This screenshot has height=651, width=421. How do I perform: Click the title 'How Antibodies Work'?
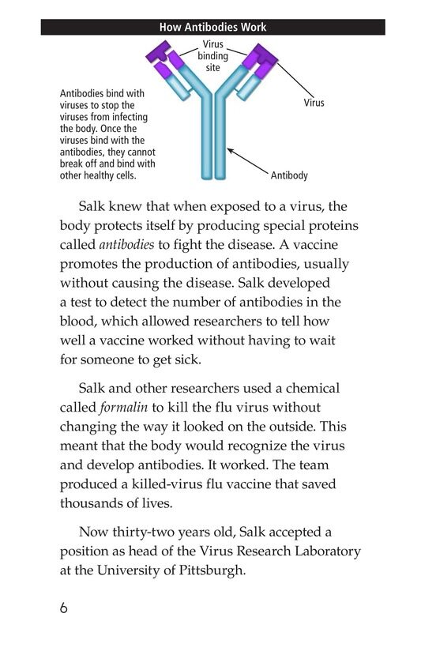click(x=212, y=27)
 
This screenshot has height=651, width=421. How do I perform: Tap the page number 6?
click(x=64, y=609)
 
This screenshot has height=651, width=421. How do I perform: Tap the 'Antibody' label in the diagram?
click(x=289, y=175)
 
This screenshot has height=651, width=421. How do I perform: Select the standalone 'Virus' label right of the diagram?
click(x=314, y=103)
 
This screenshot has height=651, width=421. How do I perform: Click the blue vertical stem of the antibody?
click(x=212, y=142)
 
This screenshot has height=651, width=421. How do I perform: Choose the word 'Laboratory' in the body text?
click(x=320, y=550)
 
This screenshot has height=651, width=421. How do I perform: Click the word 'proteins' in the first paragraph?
click(x=330, y=226)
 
